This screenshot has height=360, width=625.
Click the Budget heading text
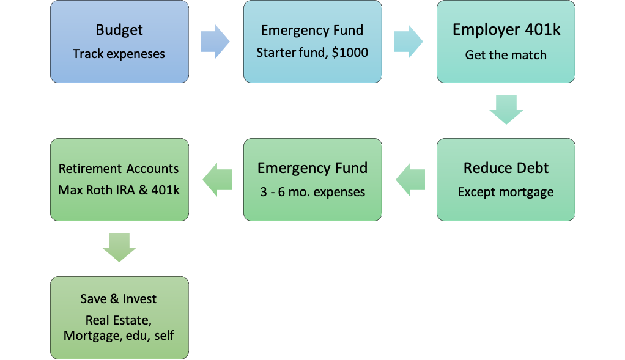pyautogui.click(x=119, y=31)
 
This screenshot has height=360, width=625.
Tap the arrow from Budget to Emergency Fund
pyautogui.click(x=215, y=42)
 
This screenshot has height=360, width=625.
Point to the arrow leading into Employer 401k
pyautogui.click(x=408, y=42)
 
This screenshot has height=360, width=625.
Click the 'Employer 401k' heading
pyautogui.click(x=506, y=30)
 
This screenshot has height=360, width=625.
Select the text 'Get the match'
pyautogui.click(x=506, y=55)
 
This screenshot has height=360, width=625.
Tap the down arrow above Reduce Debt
pyautogui.click(x=506, y=110)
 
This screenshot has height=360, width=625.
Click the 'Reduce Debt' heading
pyautogui.click(x=506, y=168)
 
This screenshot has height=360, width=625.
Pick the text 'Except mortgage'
pyautogui.click(x=506, y=192)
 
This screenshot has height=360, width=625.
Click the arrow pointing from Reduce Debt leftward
pyautogui.click(x=410, y=180)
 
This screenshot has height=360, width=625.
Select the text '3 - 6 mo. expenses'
pyautogui.click(x=312, y=192)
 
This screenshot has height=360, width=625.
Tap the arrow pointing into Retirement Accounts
pyautogui.click(x=217, y=180)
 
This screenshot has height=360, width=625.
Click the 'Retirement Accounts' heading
pyautogui.click(x=119, y=169)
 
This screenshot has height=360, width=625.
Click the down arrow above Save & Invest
pyautogui.click(x=119, y=248)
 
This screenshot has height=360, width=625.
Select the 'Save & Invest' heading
pyautogui.click(x=119, y=299)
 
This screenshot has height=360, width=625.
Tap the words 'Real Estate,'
pyautogui.click(x=119, y=320)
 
